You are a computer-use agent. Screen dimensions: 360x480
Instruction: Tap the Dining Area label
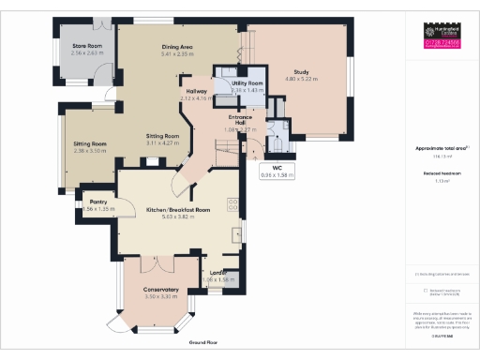[176, 47]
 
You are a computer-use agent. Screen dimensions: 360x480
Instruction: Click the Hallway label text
[195, 92]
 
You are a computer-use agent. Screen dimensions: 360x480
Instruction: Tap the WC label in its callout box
[277, 168]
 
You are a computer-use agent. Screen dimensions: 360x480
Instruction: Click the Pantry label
[97, 202]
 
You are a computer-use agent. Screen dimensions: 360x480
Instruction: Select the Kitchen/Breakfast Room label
[176, 209]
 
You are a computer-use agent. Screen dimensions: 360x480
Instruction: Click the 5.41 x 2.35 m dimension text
[176, 54]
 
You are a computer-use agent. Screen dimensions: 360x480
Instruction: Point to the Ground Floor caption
[203, 343]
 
